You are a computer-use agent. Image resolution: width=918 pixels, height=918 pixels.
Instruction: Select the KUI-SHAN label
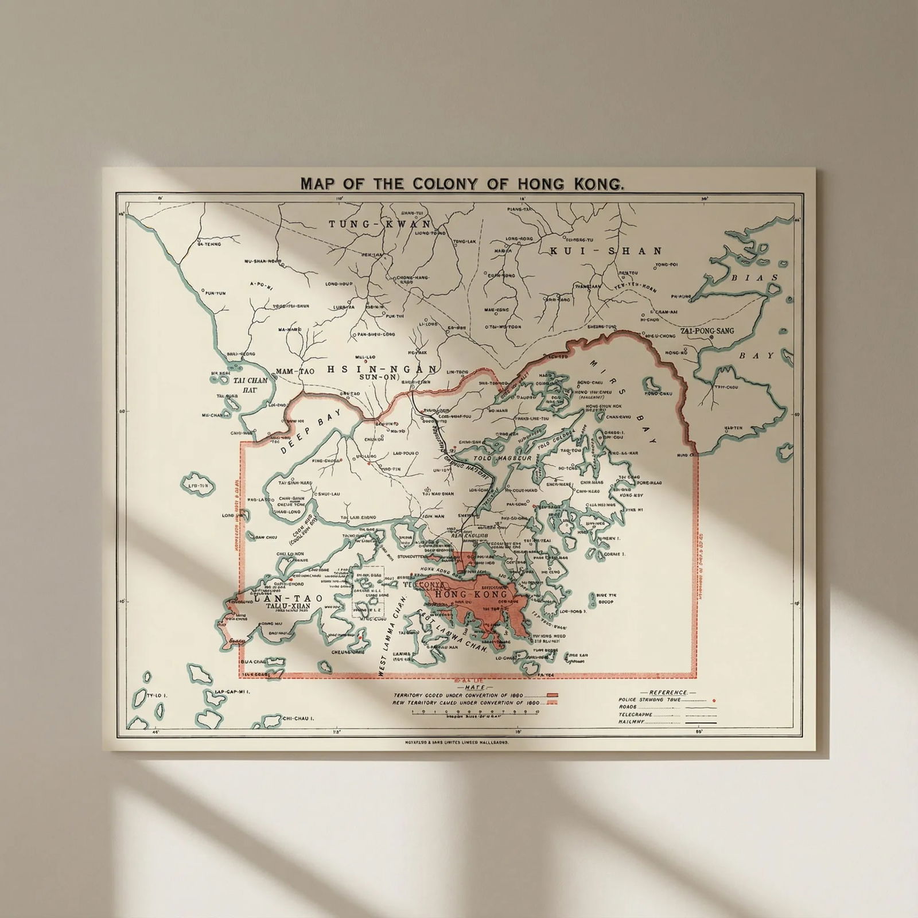coord(606,251)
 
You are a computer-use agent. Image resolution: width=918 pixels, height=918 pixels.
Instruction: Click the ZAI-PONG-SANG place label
coord(707,331)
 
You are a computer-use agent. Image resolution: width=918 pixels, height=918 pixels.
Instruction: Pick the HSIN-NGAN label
coord(382,369)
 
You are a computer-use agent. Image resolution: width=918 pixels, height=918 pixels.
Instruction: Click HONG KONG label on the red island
coord(472,595)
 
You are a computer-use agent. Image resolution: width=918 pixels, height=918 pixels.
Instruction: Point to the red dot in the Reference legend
coord(713,701)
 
